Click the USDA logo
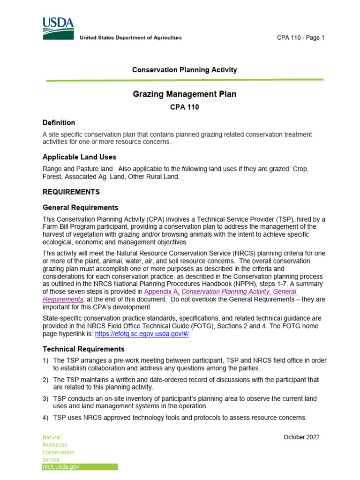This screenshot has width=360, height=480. pos(58,28)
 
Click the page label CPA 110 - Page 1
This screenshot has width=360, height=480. pos(300,38)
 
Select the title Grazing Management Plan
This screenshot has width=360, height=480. pos(184,94)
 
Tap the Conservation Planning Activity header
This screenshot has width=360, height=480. pos(184,70)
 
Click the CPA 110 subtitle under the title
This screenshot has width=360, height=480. pos(184,107)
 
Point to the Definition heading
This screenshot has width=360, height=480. pos(59,123)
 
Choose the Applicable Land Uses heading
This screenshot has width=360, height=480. pos(79,157)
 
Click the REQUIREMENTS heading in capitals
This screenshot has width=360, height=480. pos(71,192)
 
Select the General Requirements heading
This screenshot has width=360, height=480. pos(80,208)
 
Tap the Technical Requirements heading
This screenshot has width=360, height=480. pos(83,349)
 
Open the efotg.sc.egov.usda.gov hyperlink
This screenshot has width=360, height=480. pos(142,334)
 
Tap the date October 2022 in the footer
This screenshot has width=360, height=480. pos(301,437)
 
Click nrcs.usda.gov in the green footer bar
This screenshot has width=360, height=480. pos(61,467)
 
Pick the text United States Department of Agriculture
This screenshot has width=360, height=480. pos(130,37)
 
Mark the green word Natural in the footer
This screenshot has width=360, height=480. pos(52,437)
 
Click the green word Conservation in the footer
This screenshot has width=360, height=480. pos(58,452)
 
